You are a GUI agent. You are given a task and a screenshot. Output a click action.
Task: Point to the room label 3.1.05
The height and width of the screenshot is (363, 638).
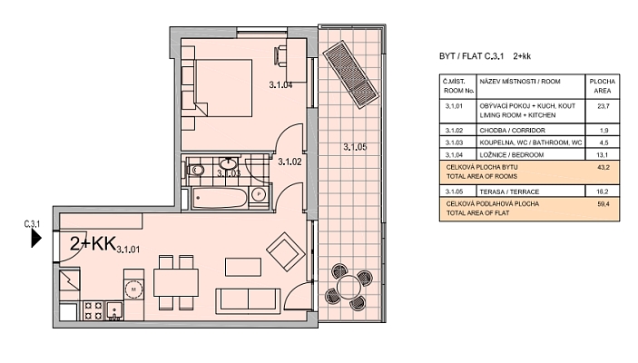point(356,147)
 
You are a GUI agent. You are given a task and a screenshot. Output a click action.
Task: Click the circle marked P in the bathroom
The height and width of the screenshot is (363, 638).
point(259,194)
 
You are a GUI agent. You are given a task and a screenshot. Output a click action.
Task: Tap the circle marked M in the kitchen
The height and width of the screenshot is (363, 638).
point(134,289)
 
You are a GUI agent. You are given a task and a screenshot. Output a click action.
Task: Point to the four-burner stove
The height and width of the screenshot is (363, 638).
point(93,311)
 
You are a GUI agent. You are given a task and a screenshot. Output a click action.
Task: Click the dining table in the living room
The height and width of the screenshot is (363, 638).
point(175,282)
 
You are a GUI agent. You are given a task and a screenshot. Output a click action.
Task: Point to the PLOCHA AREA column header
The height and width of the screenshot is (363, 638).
point(603,86)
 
